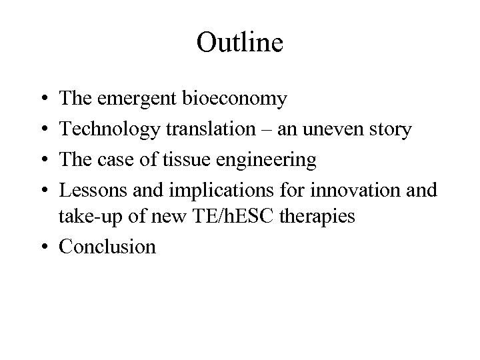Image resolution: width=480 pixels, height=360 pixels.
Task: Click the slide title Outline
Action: pos(240,43)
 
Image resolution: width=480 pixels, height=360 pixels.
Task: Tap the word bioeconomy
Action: pos(234,99)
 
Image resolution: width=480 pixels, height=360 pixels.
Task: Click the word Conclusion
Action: pos(107,247)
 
